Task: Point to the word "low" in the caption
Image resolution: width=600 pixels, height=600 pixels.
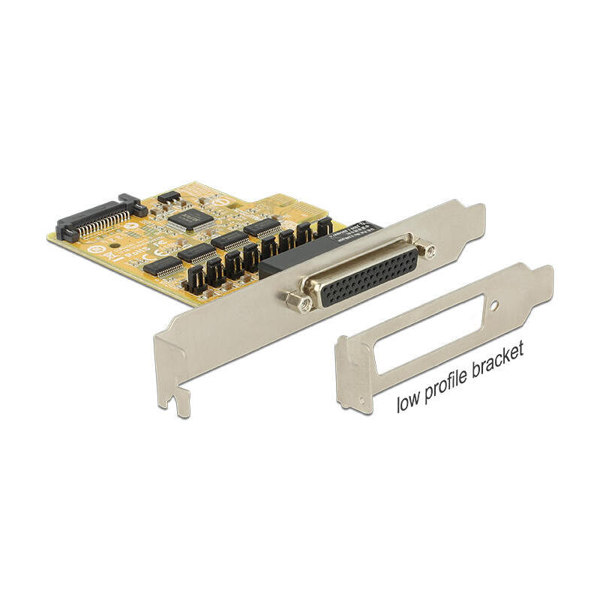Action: [x=410, y=402]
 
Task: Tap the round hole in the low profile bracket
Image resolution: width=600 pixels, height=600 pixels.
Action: [x=494, y=306]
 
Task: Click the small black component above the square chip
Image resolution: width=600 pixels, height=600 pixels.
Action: [x=170, y=197]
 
